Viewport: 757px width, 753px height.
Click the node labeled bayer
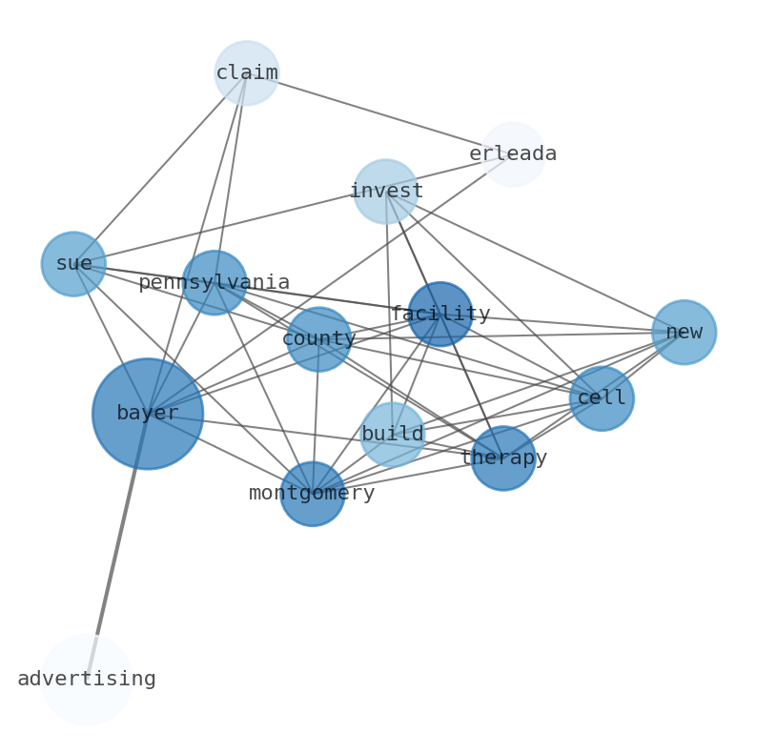point(147,414)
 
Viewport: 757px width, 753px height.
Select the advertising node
point(86,680)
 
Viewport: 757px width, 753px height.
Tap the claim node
point(246,72)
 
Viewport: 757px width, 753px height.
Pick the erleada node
point(513,154)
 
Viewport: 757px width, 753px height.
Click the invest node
point(385,192)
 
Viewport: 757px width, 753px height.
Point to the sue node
point(73,264)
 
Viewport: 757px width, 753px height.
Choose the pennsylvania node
point(215,282)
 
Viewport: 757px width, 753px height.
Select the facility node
point(440,314)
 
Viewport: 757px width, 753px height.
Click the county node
point(318,339)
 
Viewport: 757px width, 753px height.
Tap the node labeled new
point(684,333)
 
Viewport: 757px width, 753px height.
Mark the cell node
point(602,398)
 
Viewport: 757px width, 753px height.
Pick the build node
point(392,435)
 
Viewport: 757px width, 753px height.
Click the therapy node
point(503,458)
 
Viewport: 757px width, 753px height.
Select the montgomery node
point(312,494)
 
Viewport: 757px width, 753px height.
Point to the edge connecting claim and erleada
point(379,113)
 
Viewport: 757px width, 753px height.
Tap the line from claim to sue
point(160,168)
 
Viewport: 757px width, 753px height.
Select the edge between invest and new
point(534,262)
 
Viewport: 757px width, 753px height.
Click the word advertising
point(87,680)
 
